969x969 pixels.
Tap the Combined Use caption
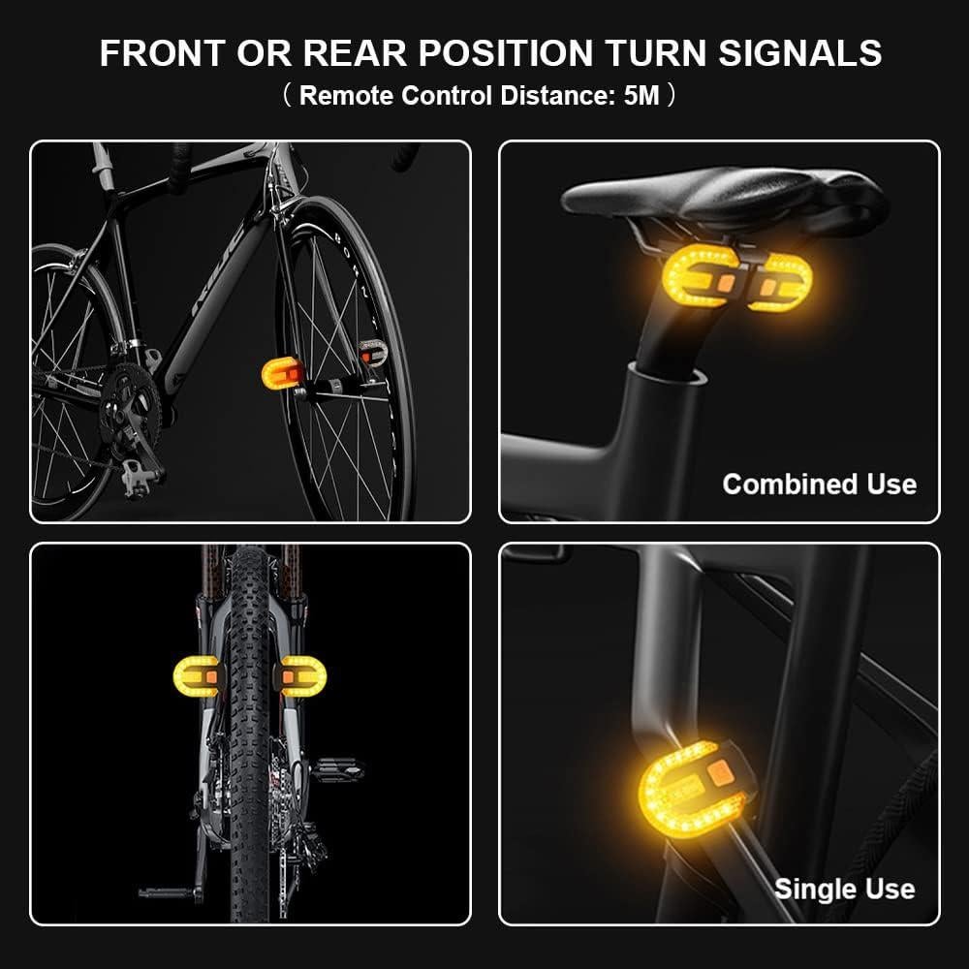(x=819, y=484)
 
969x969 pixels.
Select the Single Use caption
(x=844, y=888)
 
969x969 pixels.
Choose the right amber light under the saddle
(x=782, y=282)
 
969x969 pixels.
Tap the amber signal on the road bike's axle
(x=282, y=373)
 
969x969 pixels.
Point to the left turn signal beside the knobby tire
(x=197, y=676)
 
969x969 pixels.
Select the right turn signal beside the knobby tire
(x=303, y=675)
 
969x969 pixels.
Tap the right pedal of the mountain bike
(x=336, y=771)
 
